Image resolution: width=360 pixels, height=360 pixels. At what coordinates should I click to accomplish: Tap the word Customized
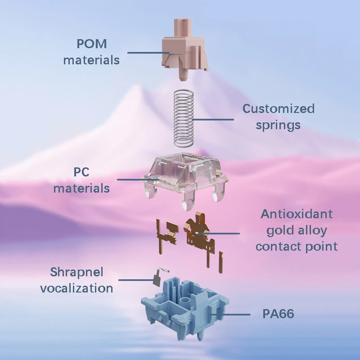click(279, 109)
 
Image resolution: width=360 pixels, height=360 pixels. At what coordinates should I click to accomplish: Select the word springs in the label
click(278, 125)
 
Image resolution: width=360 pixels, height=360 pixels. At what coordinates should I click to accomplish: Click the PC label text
click(81, 172)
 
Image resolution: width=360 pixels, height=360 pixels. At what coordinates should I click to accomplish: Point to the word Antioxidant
click(297, 214)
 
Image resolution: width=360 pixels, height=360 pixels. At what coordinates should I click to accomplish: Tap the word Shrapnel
click(76, 272)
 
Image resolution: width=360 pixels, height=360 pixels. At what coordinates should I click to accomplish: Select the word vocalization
click(76, 288)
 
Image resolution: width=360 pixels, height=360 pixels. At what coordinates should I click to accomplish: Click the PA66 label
click(278, 314)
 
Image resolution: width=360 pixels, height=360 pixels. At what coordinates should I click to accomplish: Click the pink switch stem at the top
click(184, 49)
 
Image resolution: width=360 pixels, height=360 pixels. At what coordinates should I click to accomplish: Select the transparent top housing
click(185, 178)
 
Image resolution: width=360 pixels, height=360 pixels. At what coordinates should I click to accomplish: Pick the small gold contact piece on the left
click(164, 232)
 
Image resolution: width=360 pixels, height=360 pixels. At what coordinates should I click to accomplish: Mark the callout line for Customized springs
click(214, 120)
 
